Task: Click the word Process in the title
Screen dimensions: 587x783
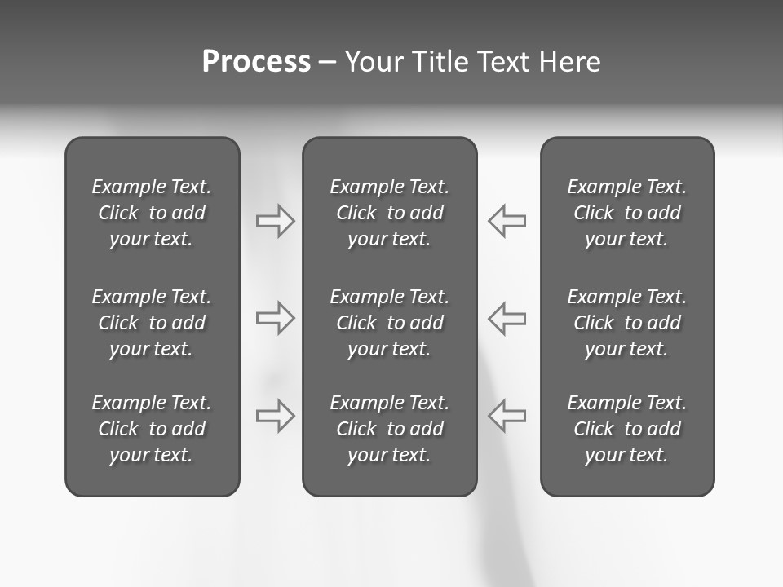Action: click(x=256, y=62)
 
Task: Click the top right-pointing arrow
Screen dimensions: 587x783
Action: click(x=275, y=221)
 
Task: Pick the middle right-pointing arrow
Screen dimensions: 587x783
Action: click(x=275, y=318)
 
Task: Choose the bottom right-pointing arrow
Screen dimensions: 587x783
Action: click(x=275, y=416)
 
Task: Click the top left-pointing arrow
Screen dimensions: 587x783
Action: click(x=507, y=221)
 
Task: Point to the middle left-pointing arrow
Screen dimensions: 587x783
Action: click(x=507, y=318)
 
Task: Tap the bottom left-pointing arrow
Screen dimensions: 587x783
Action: click(x=507, y=416)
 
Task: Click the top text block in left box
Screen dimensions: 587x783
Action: click(x=152, y=213)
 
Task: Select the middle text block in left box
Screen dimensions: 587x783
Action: click(x=152, y=323)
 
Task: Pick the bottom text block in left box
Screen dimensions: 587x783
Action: click(x=152, y=429)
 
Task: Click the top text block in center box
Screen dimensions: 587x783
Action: click(x=389, y=213)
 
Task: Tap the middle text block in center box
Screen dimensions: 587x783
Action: click(x=389, y=323)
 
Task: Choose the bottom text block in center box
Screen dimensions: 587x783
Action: click(x=389, y=429)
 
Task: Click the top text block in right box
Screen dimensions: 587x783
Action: click(x=626, y=213)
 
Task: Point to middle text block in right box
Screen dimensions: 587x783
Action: click(x=626, y=323)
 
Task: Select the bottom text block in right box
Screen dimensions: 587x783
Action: click(x=626, y=429)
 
